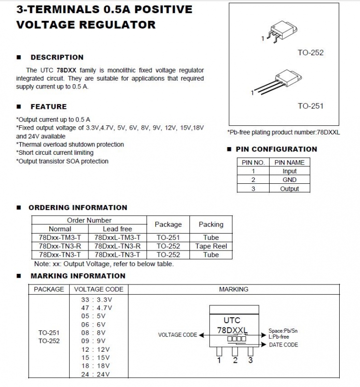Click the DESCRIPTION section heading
pyautogui.click(x=57, y=57)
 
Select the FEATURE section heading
pyautogui.click(x=48, y=106)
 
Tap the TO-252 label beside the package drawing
pyautogui.click(x=310, y=53)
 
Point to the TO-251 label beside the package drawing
pyautogui.click(x=310, y=106)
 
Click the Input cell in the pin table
pyautogui.click(x=289, y=171)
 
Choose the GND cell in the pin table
pyautogui.click(x=289, y=180)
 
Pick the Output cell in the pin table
pyautogui.click(x=289, y=189)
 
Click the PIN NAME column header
pyautogui.click(x=289, y=163)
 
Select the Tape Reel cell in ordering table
pyautogui.click(x=211, y=246)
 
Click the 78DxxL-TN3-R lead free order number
pyautogui.click(x=117, y=246)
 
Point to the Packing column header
pyautogui.click(x=211, y=224)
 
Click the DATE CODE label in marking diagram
pyautogui.click(x=283, y=345)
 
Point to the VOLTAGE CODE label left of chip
pyautogui.click(x=177, y=335)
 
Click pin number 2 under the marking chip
pyautogui.click(x=235, y=360)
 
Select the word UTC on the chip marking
pyautogui.click(x=231, y=320)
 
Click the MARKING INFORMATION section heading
pyautogui.click(x=78, y=276)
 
